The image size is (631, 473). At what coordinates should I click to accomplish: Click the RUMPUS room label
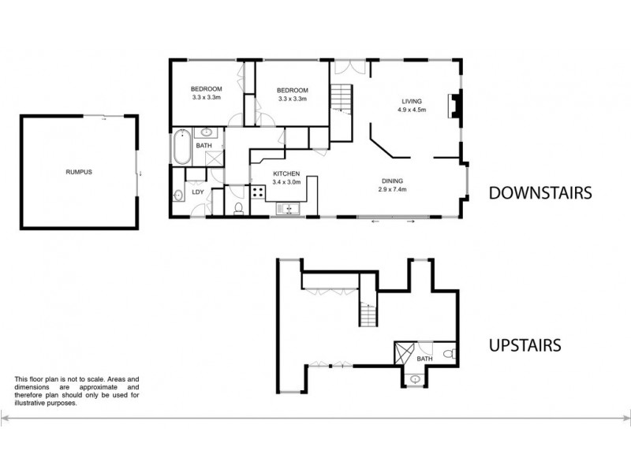78,171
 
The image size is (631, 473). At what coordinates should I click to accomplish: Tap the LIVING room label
412,102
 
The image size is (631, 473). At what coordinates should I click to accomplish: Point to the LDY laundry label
199,190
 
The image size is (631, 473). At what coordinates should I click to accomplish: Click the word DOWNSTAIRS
540,193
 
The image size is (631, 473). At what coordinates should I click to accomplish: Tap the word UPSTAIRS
525,345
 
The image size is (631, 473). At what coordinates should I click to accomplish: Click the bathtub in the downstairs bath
180,146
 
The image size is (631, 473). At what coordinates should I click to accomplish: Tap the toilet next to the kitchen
238,207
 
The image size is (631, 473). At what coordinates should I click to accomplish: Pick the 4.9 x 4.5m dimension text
412,110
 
